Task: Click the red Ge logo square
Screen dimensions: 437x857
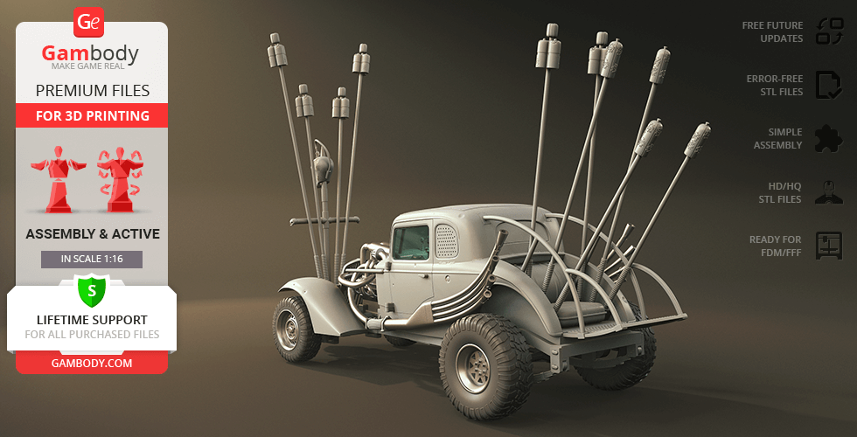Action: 89,22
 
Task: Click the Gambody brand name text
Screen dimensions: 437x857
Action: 90,54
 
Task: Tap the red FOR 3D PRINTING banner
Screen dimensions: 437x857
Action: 92,115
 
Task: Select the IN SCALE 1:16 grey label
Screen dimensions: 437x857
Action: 92,259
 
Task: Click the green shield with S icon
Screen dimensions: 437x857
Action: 91,290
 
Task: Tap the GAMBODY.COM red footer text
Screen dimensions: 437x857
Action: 92,363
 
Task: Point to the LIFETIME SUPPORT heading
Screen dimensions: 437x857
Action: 92,320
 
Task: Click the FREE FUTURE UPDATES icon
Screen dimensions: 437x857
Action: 829,31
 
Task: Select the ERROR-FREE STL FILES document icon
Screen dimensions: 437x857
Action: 828,85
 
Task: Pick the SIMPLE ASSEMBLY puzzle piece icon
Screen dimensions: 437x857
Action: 828,138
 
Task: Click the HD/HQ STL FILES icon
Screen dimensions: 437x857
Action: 828,192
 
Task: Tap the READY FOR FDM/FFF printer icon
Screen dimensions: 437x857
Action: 828,246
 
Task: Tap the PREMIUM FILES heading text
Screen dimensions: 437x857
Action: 92,90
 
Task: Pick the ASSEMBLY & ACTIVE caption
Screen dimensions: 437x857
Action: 92,234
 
